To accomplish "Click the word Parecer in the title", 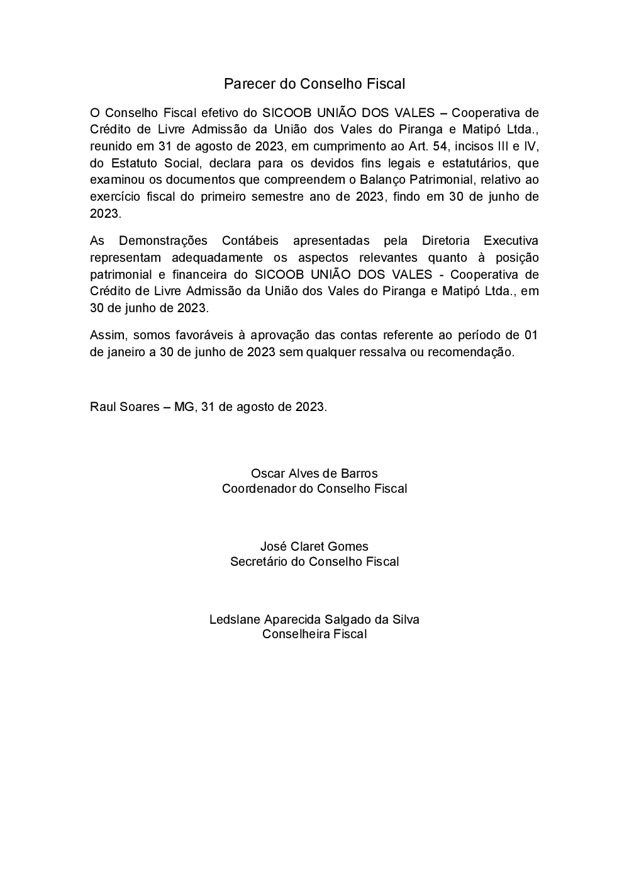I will [245, 84].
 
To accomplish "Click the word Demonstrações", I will [163, 241].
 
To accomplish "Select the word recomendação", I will [470, 352].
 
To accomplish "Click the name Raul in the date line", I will [102, 407].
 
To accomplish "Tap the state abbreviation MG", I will [184, 407].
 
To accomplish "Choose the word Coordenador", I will [257, 488].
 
